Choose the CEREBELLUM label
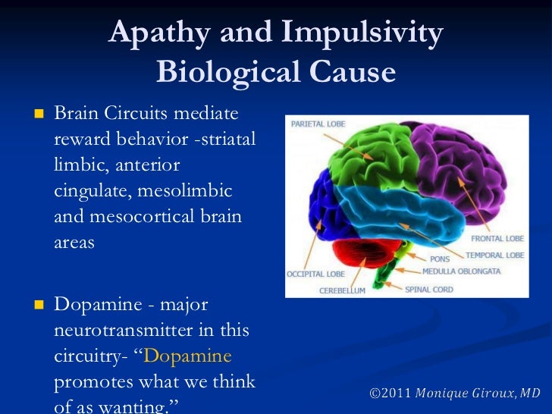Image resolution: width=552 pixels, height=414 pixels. pos(342,290)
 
